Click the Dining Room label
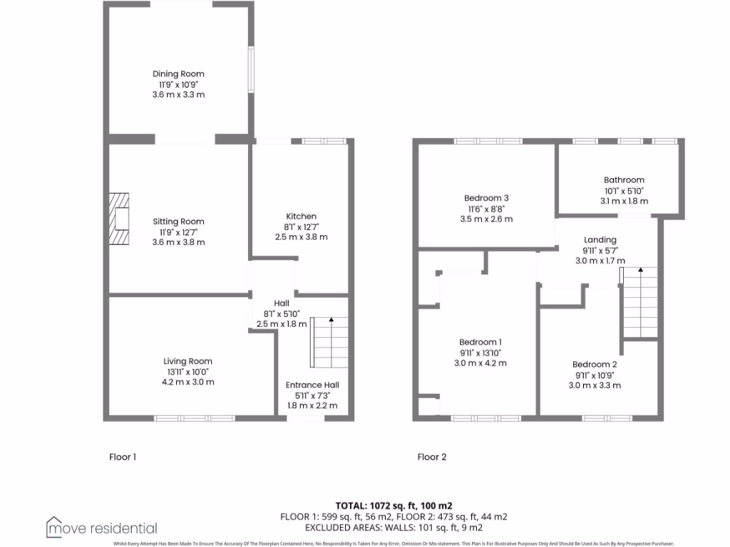coord(178,74)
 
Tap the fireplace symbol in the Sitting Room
coord(119,219)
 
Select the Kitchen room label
coord(301,217)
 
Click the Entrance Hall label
coord(307,385)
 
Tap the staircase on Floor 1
coord(330,343)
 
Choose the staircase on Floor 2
coord(639,302)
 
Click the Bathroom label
coord(624,180)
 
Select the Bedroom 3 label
coord(486,198)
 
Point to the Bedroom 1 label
coord(480,343)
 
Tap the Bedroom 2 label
coord(594,365)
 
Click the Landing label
coord(600,240)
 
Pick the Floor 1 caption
coord(122,457)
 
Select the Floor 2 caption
coord(432,457)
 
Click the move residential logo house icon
coord(54,526)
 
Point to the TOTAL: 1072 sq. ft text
coord(394,505)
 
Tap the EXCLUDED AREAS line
coord(394,528)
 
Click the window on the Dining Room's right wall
coord(250,69)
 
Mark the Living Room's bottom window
coord(195,418)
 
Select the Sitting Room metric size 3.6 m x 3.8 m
coord(178,242)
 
